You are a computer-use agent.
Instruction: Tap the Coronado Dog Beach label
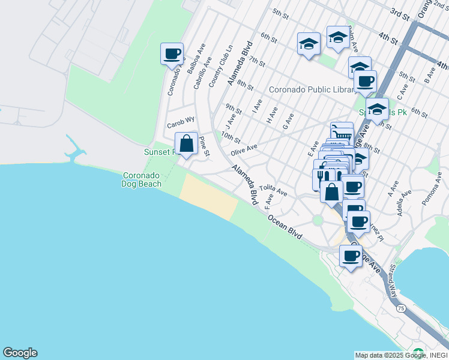[142, 180]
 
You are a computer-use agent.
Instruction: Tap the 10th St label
[231, 138]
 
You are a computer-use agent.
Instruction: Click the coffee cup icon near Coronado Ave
[172, 54]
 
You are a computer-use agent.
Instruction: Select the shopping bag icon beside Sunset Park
[186, 144]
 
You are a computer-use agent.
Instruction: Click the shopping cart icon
[342, 133]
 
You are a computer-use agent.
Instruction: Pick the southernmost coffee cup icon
[351, 256]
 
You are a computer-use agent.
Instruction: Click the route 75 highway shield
[400, 308]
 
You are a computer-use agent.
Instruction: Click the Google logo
[20, 353]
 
